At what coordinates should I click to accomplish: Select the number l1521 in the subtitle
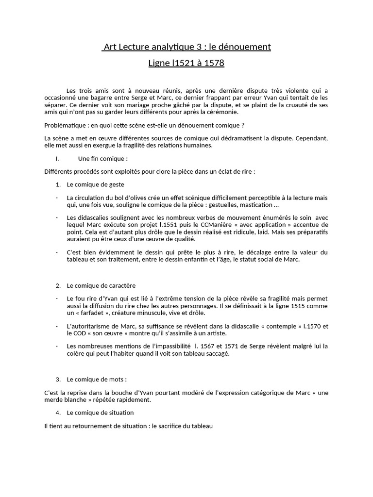(184, 63)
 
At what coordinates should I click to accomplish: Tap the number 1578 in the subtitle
(213, 63)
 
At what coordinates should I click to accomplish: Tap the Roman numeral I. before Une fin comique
(58, 158)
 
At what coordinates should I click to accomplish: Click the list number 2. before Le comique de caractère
(58, 285)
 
